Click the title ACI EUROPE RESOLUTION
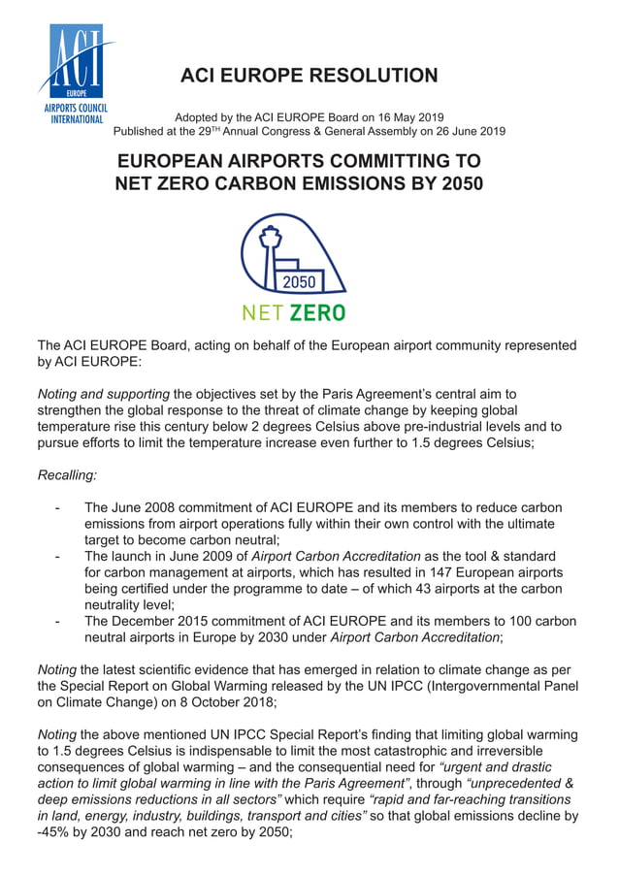(309, 76)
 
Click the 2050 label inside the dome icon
(299, 282)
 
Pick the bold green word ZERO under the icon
(317, 313)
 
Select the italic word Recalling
(66, 475)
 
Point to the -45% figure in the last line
(54, 831)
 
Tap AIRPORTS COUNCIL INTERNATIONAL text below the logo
(74, 113)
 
